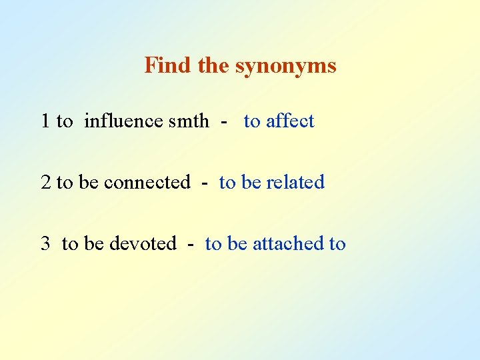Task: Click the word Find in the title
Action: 161,65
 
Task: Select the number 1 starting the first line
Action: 45,121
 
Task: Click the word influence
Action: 124,121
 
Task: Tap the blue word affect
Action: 290,121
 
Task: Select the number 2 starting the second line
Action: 45,183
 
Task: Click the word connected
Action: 147,183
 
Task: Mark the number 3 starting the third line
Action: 45,244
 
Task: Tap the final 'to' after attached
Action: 337,244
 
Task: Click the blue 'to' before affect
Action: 252,121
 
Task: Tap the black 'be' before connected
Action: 88,183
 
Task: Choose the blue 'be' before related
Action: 251,183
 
